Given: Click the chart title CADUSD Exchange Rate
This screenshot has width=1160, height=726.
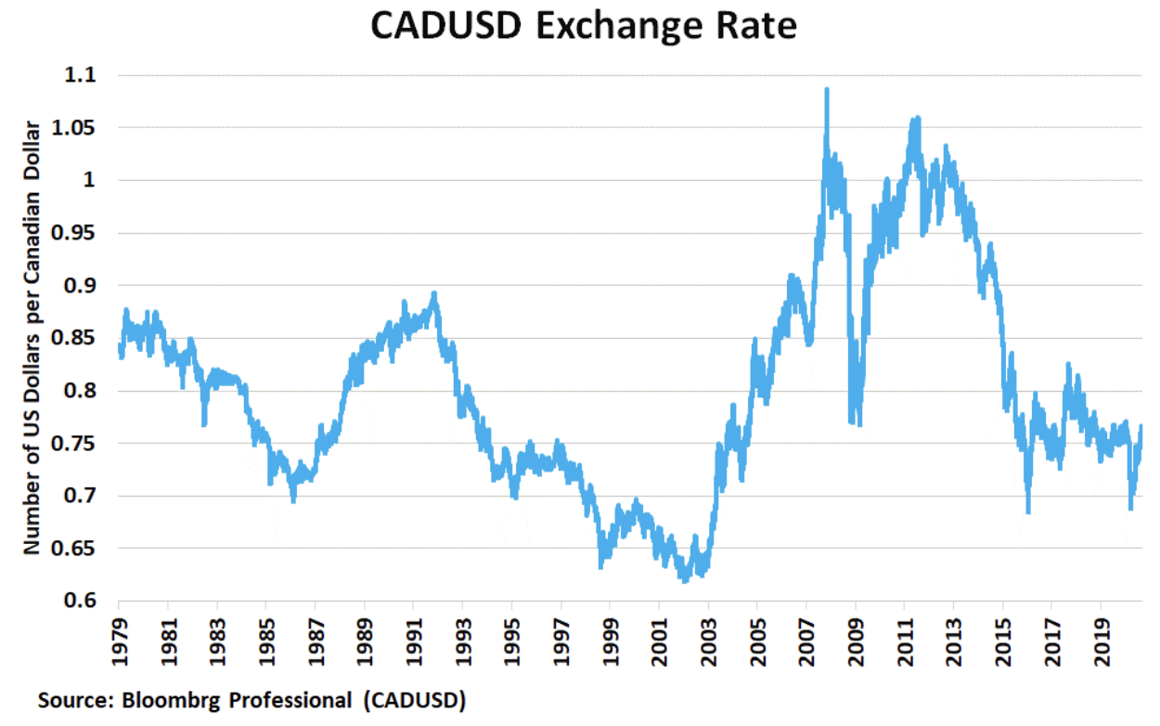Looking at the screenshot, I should [584, 25].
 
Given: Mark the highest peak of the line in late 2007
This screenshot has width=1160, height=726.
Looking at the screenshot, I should [826, 90].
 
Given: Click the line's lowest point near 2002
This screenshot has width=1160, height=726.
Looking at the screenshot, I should [685, 580].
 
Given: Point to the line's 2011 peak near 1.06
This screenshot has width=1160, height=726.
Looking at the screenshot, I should [917, 118].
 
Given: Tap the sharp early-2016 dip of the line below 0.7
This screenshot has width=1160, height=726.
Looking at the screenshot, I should [1028, 511].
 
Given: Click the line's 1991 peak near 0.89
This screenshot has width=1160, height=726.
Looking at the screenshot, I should [434, 294].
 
